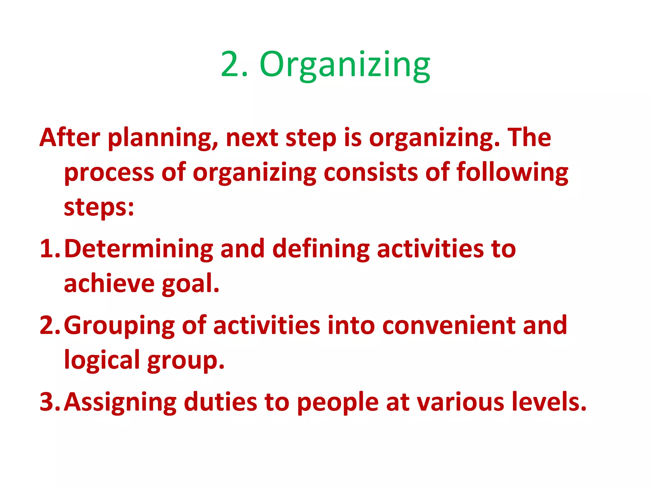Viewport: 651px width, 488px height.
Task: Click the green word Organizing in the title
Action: click(345, 65)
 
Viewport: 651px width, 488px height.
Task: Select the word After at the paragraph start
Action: click(70, 137)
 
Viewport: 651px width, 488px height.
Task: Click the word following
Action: click(512, 172)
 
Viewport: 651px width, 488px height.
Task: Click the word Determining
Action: click(139, 249)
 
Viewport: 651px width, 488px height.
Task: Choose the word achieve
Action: click(109, 283)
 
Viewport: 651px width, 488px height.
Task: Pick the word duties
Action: click(220, 402)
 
